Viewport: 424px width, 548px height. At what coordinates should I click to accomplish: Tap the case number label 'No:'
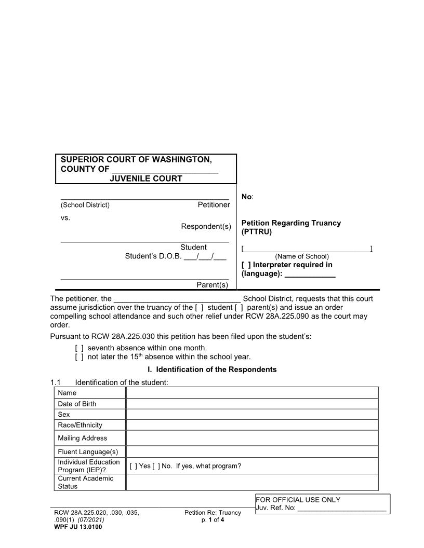(x=247, y=197)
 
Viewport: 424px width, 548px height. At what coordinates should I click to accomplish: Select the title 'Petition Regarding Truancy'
(x=291, y=223)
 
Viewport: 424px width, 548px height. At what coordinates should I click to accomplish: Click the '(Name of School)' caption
(x=302, y=256)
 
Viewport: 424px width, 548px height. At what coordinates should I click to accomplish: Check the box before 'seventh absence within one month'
(x=79, y=348)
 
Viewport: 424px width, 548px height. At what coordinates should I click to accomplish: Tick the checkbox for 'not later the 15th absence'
(x=79, y=357)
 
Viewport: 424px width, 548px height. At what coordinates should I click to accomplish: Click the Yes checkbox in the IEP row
(x=133, y=466)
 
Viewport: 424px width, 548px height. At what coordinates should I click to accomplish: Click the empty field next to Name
(x=252, y=393)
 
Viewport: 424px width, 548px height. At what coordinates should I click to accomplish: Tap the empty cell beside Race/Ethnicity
(x=252, y=425)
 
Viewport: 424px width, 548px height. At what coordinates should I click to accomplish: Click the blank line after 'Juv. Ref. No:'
(x=342, y=509)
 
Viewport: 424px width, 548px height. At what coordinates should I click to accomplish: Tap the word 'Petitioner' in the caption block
(x=214, y=205)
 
